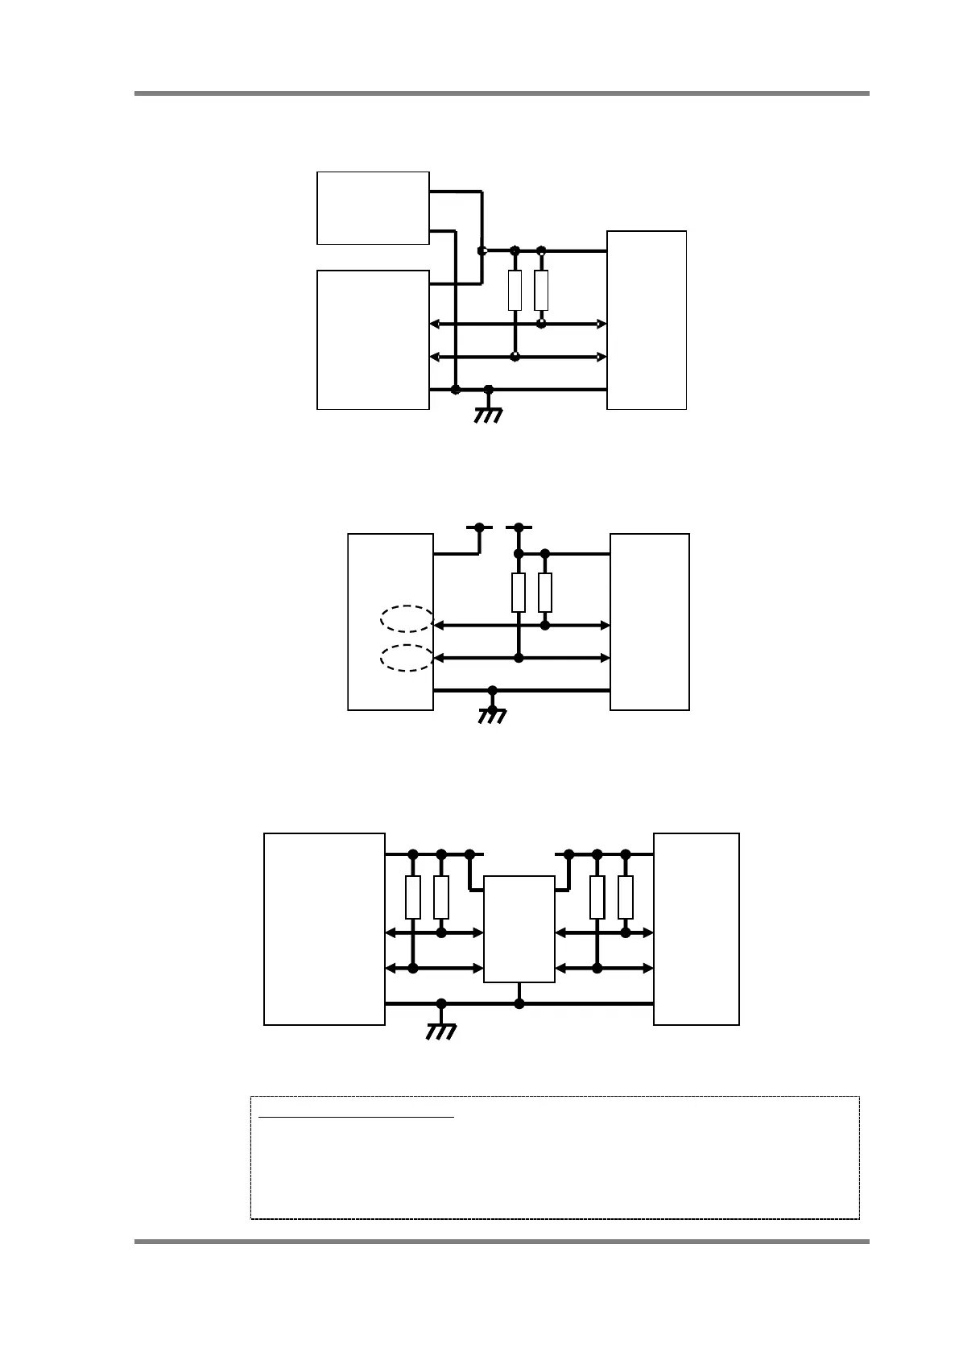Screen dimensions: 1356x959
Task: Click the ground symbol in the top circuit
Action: coord(488,413)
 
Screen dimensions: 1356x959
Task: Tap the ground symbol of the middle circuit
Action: coord(492,713)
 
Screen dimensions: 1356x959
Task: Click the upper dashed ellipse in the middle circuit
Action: coord(407,618)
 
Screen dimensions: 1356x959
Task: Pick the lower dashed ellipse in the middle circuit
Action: coord(407,658)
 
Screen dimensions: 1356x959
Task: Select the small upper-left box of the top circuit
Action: coord(373,208)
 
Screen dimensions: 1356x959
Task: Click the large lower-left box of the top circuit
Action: coord(373,340)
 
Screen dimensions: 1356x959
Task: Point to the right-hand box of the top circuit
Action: coord(647,320)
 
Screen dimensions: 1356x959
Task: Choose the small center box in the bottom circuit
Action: coord(519,928)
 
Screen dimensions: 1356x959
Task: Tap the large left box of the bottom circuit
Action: coord(324,928)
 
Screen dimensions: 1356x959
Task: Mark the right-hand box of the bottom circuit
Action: coord(697,928)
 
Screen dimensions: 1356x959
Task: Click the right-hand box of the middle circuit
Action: coord(650,622)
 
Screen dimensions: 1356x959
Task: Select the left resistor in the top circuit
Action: coord(515,291)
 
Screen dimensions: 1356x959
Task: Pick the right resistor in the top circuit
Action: coord(541,291)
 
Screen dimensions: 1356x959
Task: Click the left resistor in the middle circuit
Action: coord(519,593)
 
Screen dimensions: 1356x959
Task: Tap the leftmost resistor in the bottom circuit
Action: coord(413,897)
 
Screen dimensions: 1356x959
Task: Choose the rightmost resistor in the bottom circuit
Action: coord(626,897)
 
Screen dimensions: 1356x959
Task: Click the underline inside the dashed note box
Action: coord(356,1117)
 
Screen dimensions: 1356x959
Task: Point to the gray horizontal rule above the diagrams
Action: coord(502,93)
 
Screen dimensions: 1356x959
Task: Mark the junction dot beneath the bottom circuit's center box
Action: coord(519,1003)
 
